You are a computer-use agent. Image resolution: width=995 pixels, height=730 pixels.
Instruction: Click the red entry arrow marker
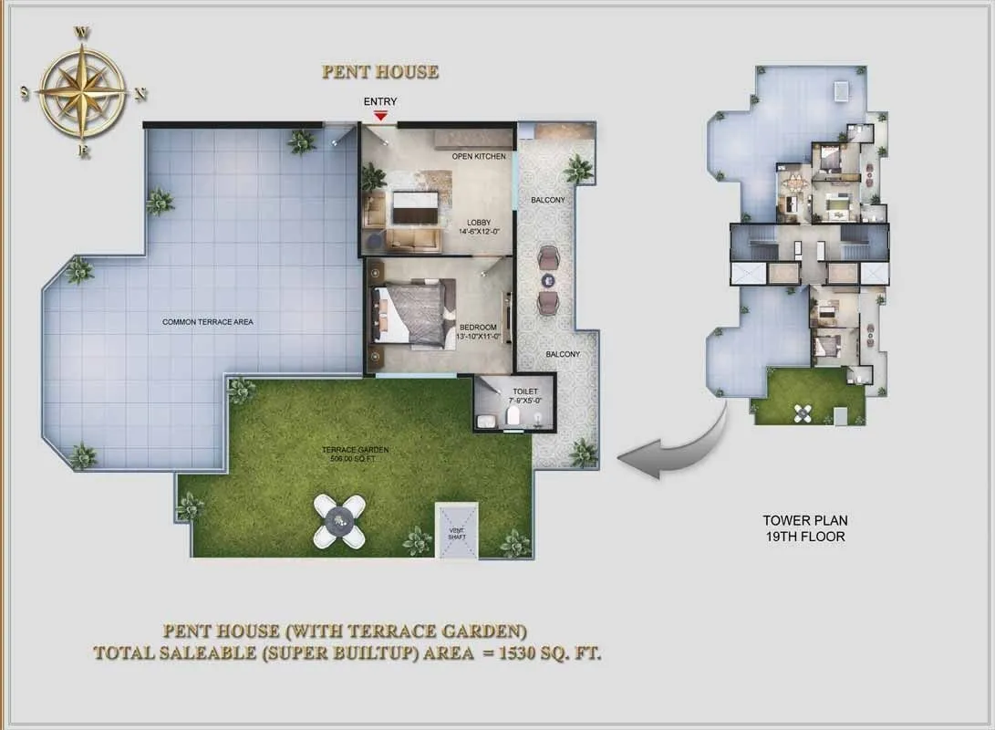coord(380,116)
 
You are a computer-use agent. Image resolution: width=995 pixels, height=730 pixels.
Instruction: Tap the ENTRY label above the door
coord(380,101)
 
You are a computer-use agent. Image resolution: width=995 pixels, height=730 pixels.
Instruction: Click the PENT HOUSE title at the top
coord(380,72)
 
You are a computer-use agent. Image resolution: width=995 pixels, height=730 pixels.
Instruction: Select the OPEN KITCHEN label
coord(479,156)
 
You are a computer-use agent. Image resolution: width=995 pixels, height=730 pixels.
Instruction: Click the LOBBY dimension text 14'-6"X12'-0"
coord(479,232)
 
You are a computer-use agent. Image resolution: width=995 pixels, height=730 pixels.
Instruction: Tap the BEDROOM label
coord(478,328)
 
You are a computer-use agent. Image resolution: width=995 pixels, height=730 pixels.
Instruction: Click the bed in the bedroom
coord(413,312)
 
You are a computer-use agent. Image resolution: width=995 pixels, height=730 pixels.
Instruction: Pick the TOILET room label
coord(524,391)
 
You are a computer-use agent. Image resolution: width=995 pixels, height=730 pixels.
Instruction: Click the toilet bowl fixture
coord(513,416)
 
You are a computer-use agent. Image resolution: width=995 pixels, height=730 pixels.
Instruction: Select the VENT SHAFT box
coord(456,531)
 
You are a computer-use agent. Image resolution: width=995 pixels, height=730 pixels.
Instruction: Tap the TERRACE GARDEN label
coord(355,450)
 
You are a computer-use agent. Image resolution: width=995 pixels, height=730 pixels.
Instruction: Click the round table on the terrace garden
coord(339,521)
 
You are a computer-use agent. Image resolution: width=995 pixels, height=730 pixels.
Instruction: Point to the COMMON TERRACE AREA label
coord(208,322)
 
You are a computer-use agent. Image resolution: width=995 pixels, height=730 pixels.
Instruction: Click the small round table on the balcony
coord(547,280)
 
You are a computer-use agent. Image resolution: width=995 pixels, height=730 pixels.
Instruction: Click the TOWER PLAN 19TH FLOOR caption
coord(804,528)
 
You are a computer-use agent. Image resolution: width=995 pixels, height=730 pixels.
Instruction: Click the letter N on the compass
coord(140,95)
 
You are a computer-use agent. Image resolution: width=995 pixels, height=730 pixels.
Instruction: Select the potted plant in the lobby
coord(373,176)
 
